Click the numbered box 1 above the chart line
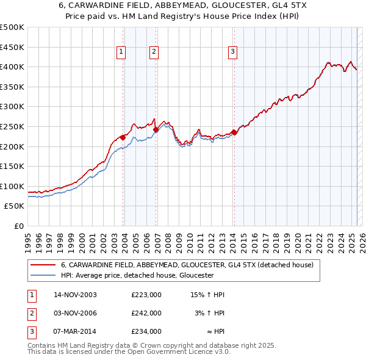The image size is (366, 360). (x=121, y=52)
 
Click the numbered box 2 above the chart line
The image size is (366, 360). (x=154, y=52)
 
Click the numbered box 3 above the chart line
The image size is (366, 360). (x=233, y=52)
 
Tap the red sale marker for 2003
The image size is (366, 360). (x=123, y=137)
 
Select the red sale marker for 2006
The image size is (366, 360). (x=156, y=129)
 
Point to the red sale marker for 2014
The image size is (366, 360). (x=234, y=132)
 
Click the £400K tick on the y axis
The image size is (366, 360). (x=13, y=67)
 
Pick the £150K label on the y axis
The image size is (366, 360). (x=13, y=166)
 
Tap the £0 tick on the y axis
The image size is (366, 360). (x=20, y=226)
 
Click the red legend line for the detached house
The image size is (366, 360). (x=43, y=265)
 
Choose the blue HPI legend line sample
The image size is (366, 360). (x=43, y=275)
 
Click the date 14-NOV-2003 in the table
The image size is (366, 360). (x=75, y=295)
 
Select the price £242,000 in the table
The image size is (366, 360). (x=146, y=313)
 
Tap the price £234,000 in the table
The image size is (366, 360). (x=146, y=331)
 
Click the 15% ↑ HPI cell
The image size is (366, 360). (x=207, y=295)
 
